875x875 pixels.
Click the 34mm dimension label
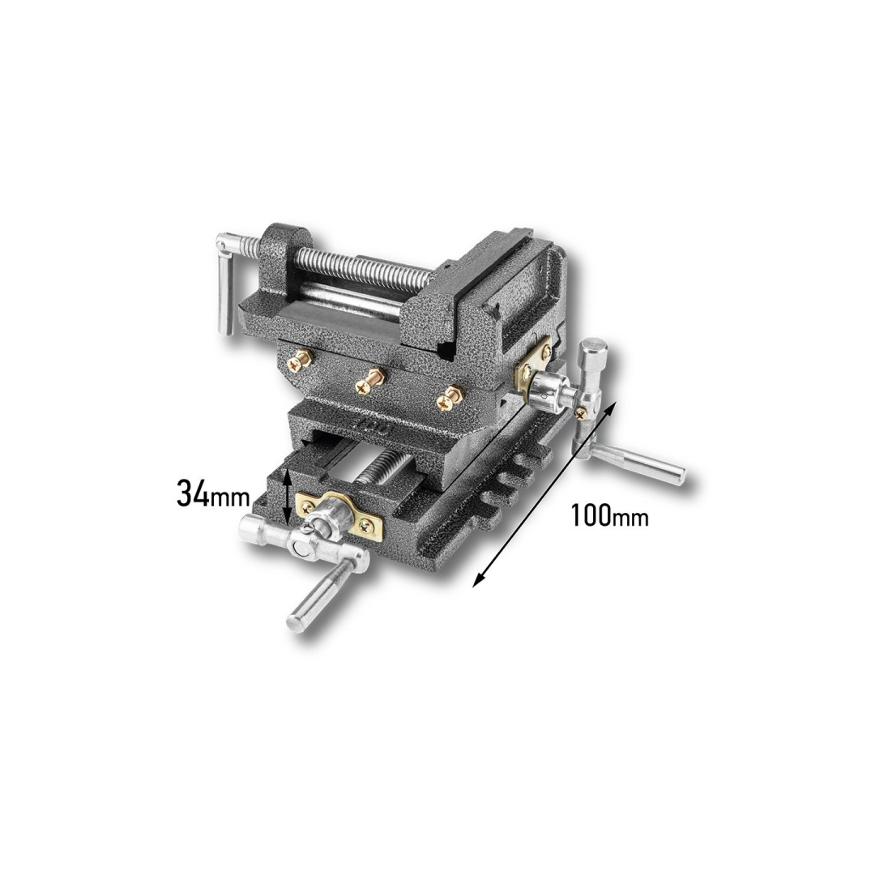[x=212, y=494]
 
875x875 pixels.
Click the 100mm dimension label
[x=609, y=515]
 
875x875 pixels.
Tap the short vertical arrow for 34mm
[x=286, y=498]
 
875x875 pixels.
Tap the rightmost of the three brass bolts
[x=446, y=399]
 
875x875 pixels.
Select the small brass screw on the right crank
[x=580, y=412]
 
